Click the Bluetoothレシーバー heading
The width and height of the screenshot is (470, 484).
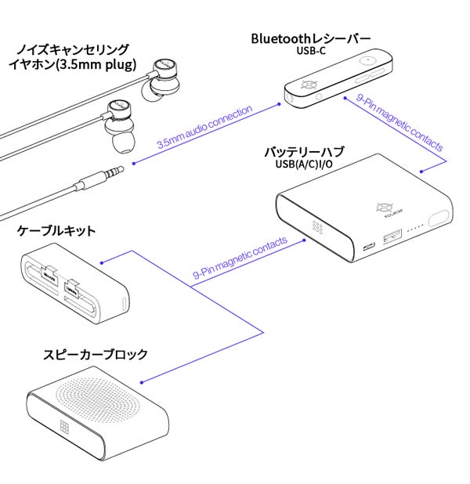[310, 38]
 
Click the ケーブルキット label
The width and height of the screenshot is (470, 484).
[56, 230]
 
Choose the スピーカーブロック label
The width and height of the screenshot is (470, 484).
[95, 355]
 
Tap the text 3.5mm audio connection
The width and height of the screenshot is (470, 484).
[204, 127]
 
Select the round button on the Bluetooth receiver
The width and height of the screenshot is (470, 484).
[367, 59]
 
